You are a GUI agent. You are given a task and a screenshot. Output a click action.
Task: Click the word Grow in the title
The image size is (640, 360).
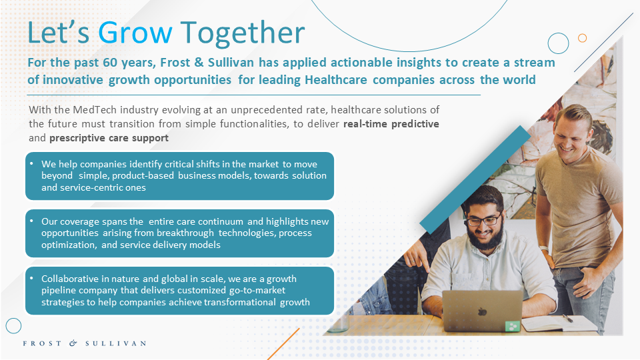(x=135, y=33)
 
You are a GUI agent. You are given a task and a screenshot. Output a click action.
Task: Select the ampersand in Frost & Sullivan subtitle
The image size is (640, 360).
(x=199, y=63)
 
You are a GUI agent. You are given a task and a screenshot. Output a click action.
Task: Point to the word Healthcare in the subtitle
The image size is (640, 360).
(x=336, y=79)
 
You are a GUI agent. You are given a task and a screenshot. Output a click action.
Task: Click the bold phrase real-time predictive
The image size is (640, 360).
(x=391, y=124)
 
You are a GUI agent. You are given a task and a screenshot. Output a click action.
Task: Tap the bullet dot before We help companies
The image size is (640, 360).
(x=32, y=163)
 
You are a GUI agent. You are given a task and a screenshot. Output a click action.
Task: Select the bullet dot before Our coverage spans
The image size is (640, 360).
(x=32, y=221)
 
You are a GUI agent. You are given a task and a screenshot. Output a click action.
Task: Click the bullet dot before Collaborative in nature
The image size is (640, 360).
(x=32, y=279)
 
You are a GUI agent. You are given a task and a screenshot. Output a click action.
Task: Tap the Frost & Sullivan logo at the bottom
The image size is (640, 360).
(x=85, y=343)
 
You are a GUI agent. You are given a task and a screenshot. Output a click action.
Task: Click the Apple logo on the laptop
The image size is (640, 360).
(x=483, y=312)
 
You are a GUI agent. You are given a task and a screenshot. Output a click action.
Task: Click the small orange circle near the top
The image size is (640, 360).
(x=583, y=38)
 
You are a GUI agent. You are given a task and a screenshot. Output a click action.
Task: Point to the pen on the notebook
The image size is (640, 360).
(x=568, y=319)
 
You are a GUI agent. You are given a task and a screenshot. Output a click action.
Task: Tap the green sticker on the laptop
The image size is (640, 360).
(x=512, y=326)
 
